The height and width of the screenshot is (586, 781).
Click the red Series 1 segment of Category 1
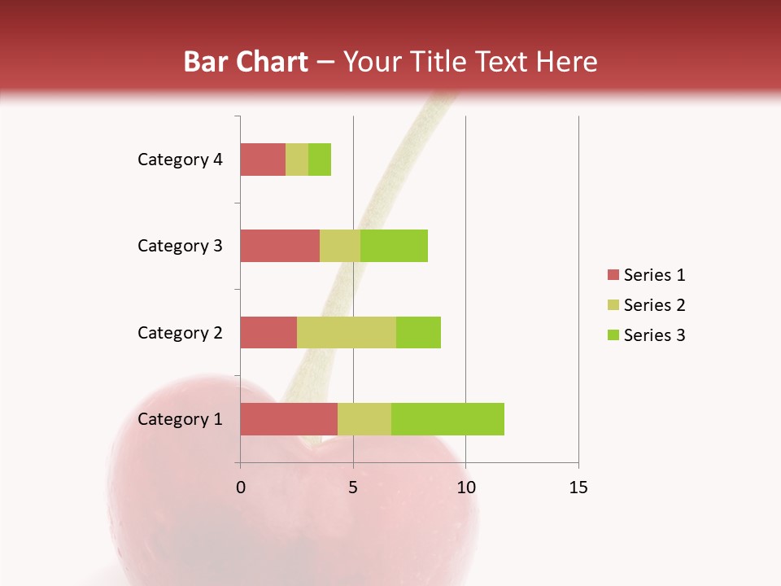click(288, 419)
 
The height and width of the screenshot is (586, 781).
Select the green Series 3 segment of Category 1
click(447, 419)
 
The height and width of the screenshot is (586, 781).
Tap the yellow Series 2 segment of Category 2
click(347, 332)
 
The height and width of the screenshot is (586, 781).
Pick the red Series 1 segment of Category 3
click(279, 246)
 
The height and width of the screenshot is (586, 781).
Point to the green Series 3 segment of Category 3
click(394, 246)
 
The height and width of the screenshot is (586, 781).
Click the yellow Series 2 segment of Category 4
click(297, 160)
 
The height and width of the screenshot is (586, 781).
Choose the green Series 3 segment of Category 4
click(320, 160)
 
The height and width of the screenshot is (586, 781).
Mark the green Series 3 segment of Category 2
click(418, 332)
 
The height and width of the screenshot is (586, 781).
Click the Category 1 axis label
click(180, 419)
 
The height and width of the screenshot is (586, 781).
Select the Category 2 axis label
click(180, 332)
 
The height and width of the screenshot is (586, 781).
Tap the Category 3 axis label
click(180, 246)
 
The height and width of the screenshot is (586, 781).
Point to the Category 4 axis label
click(180, 160)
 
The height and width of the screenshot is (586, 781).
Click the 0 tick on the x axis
click(241, 488)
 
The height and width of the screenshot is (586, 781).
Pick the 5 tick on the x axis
click(353, 488)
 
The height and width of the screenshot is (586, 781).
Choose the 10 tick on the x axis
click(465, 488)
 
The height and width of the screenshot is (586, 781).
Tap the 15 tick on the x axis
click(578, 488)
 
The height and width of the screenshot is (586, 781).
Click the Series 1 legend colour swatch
click(613, 275)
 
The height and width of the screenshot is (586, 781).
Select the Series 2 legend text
click(654, 305)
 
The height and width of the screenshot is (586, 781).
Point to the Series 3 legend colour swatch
click(613, 335)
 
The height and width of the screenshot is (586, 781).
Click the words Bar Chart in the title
click(246, 62)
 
